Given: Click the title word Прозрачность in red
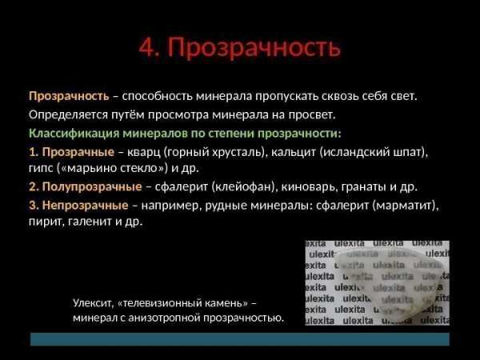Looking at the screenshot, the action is tap(254, 48).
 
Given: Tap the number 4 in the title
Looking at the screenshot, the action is tap(149, 47).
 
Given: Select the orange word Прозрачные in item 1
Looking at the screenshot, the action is tap(78, 152).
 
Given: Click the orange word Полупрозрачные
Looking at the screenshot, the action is tap(92, 186).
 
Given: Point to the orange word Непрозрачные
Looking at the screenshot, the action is tap(85, 205).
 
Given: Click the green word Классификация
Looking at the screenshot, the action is tap(74, 134).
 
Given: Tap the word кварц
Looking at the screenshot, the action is tap(143, 152).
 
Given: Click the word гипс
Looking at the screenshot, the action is tap(41, 169).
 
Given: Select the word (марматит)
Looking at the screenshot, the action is tap(406, 205).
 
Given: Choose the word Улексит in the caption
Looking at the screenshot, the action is tap(93, 303).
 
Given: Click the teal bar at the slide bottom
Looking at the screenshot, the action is tap(240, 339).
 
